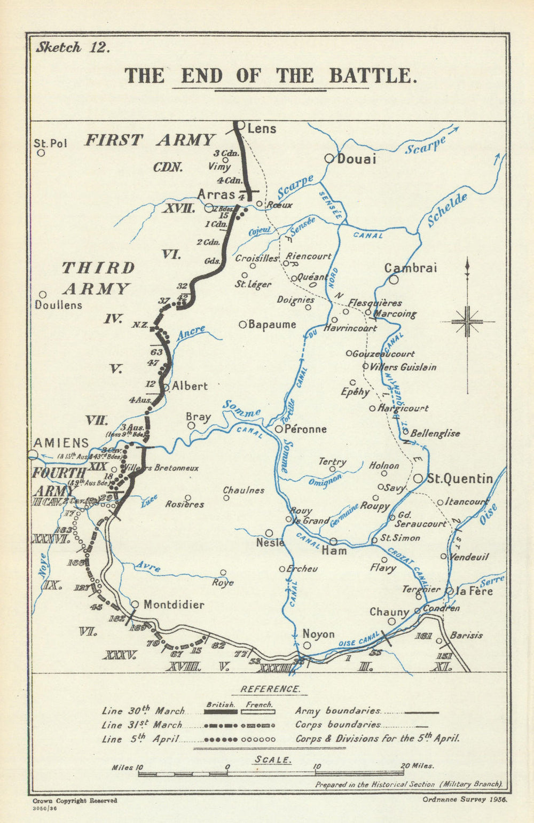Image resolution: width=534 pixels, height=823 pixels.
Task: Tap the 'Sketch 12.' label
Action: [x=73, y=48]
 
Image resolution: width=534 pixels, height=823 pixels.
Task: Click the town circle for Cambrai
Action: [x=394, y=279]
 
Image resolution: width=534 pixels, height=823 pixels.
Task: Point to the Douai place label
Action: [x=357, y=159]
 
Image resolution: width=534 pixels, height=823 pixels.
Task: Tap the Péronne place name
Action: [x=305, y=429]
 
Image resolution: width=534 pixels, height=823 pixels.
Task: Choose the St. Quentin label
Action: [x=460, y=478]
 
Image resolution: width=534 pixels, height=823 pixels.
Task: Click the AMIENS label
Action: [x=61, y=443]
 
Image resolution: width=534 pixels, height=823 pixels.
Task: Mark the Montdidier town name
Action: [x=174, y=605]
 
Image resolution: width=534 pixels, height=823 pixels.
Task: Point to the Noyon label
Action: [x=319, y=634]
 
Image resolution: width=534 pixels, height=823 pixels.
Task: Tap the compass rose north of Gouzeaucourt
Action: [x=467, y=322]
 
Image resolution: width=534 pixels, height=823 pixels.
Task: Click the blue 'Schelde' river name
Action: [x=447, y=209]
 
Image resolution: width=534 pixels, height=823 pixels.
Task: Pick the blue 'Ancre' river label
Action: [x=191, y=333]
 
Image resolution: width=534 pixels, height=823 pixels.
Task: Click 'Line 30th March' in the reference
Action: [x=143, y=711]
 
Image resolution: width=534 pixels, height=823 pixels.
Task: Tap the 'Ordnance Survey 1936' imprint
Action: [x=464, y=800]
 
